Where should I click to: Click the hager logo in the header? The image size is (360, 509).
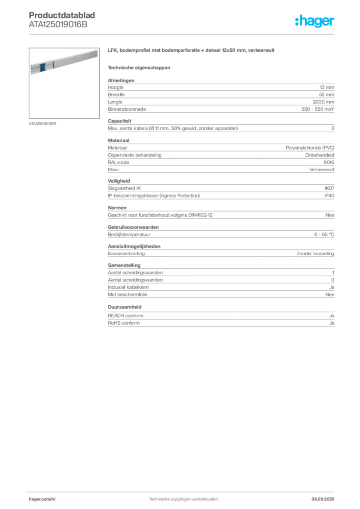click(x=314, y=21)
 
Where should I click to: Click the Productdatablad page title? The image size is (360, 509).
click(x=62, y=15)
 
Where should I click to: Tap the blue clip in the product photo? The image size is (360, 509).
click(x=42, y=67)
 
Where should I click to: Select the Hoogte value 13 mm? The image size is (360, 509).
click(x=327, y=87)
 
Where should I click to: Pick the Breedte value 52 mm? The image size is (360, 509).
click(x=326, y=95)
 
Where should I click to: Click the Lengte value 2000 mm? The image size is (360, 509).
click(x=323, y=102)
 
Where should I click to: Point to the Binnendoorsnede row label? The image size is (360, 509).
click(x=127, y=109)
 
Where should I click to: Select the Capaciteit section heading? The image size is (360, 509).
click(x=119, y=121)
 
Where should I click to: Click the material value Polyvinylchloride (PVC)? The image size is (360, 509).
click(x=310, y=148)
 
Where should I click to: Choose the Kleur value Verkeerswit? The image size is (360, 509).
click(x=321, y=170)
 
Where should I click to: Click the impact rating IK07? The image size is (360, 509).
click(x=329, y=188)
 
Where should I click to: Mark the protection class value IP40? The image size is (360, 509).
click(x=329, y=196)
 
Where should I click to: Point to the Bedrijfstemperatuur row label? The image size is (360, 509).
click(x=129, y=235)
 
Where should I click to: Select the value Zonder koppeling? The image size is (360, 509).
click(x=315, y=254)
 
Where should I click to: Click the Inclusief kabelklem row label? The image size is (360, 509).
click(x=128, y=287)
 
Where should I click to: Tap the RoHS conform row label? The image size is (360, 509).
click(x=124, y=323)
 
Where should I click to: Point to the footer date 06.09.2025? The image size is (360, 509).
click(x=323, y=499)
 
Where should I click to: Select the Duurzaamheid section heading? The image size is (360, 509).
click(x=125, y=307)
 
